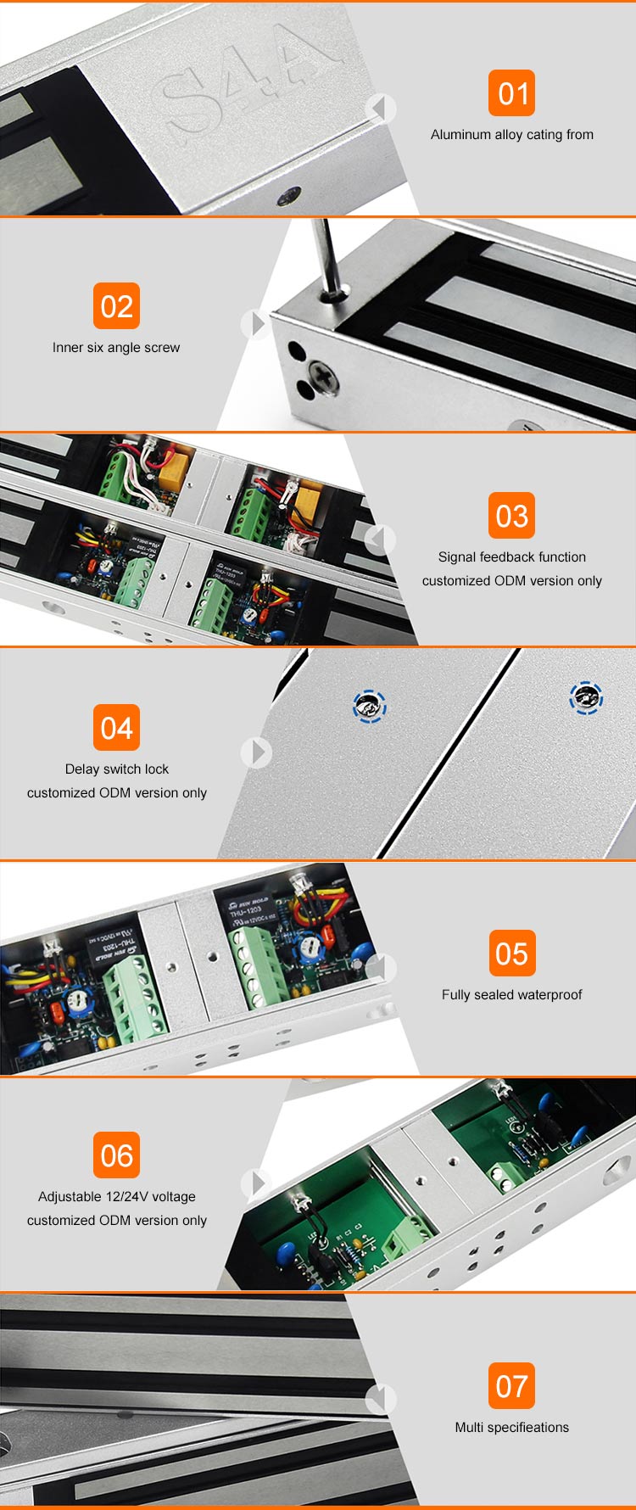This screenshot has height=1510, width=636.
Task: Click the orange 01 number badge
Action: pos(511,93)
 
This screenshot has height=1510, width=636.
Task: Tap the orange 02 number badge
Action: pos(116,306)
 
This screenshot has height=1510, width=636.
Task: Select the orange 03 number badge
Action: pos(511,516)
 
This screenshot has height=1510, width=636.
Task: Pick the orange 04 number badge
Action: pos(116,728)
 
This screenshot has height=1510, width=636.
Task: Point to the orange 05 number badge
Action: pos(511,954)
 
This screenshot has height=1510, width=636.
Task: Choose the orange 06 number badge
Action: pos(116,1155)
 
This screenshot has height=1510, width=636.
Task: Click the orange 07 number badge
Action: pos(511,1386)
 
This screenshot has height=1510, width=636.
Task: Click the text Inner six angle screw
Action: pos(116,348)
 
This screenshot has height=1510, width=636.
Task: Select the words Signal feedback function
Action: pos(511,557)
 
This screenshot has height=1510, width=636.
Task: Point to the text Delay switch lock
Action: pos(116,769)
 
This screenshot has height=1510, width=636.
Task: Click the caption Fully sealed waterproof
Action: pos(511,995)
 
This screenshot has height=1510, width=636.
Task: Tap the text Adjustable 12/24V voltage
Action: pos(116,1197)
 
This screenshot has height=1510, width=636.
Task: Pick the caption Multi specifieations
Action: pos(511,1428)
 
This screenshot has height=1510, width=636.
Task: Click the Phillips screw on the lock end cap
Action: pos(323,373)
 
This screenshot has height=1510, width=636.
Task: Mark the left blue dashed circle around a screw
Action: pos(369,706)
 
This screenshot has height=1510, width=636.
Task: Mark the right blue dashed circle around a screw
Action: pos(586,698)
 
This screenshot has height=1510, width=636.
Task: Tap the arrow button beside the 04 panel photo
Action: pos(256,752)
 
